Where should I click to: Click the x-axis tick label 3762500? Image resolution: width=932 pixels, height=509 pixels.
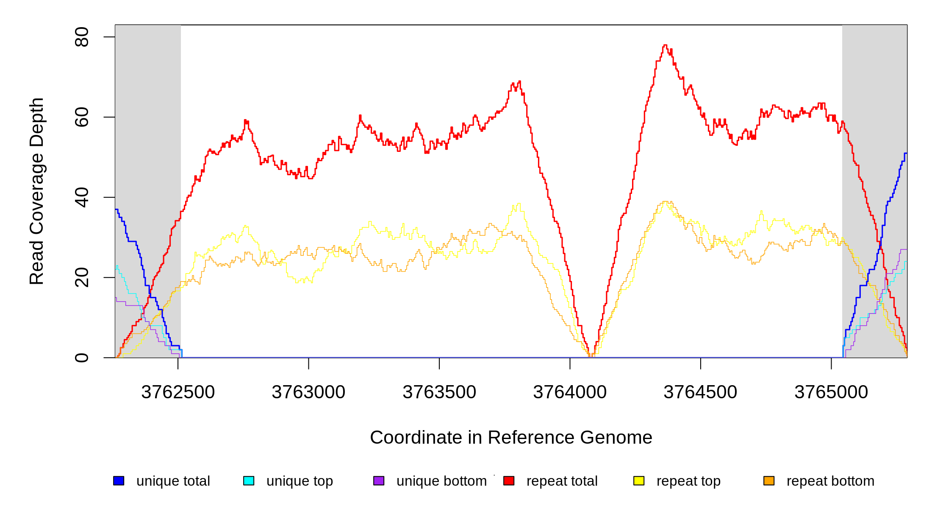(178, 392)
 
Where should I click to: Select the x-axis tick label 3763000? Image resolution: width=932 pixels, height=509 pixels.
(308, 392)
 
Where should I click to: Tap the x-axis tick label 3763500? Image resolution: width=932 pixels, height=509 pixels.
(439, 392)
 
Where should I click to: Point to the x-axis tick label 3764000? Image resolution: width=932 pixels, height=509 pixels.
(570, 392)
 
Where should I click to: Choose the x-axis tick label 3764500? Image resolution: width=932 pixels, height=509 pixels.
(700, 392)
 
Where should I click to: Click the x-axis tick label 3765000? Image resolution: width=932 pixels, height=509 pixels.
(831, 392)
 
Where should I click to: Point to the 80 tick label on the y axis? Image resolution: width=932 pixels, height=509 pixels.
(82, 37)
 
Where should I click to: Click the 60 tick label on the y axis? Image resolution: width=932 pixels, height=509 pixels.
(82, 117)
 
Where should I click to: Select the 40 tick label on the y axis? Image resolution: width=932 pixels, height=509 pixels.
(82, 197)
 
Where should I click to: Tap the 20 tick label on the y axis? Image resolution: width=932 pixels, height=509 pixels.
(82, 277)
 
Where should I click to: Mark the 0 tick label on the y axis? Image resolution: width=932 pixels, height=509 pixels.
(82, 358)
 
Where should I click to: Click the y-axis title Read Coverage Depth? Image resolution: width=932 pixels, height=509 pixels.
(37, 191)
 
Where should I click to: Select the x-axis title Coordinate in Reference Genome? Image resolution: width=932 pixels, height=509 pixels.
(511, 437)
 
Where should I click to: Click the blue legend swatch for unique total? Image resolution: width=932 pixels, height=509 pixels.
(119, 481)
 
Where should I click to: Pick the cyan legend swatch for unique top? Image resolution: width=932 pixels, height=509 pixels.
(249, 481)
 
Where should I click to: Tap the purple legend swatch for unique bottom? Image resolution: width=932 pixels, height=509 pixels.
(379, 481)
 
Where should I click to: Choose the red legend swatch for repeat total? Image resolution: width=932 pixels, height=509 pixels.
(509, 481)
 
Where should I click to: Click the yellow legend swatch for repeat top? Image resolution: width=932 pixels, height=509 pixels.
(639, 481)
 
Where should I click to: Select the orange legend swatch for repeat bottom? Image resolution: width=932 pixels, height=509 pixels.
(769, 481)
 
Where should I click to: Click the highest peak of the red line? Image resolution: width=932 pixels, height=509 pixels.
(665, 45)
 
